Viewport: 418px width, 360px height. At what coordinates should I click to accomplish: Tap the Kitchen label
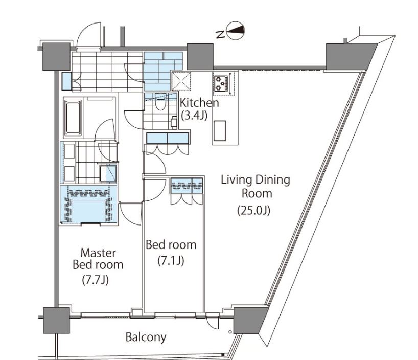[200, 103]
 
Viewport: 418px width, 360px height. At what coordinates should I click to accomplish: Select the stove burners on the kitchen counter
[222, 83]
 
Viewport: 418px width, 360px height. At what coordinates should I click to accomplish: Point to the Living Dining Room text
[255, 187]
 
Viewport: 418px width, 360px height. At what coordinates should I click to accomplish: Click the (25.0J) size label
[253, 210]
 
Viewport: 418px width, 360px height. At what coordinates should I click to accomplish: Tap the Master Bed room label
[98, 259]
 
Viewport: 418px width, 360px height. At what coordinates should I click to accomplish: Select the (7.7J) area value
[97, 280]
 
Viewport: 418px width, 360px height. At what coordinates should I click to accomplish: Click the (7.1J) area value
[171, 260]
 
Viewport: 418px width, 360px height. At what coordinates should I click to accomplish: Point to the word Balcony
[146, 337]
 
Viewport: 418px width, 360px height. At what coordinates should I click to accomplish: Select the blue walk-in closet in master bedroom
[88, 205]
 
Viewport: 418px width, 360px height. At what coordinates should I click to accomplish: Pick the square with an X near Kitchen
[181, 81]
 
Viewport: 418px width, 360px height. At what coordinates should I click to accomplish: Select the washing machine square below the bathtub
[108, 173]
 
